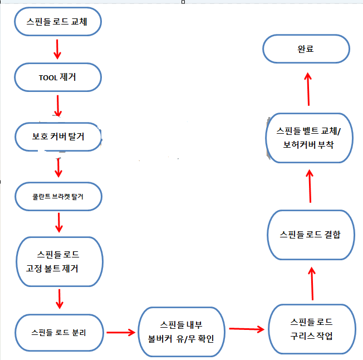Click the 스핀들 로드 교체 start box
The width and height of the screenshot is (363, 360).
(x=58, y=22)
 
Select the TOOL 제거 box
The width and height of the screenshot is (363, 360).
(x=58, y=77)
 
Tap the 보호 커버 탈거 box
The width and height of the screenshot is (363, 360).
(x=58, y=137)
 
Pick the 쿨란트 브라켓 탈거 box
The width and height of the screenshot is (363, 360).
(x=58, y=197)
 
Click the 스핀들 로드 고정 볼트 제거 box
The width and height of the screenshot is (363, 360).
(x=60, y=261)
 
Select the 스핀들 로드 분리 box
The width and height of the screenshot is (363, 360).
(x=59, y=333)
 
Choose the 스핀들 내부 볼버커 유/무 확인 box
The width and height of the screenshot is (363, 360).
(x=181, y=332)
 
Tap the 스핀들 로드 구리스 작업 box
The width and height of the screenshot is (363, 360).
(x=312, y=329)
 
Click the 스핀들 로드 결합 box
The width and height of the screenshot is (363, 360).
(x=311, y=235)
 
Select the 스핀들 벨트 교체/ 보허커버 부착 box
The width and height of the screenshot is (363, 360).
(x=310, y=138)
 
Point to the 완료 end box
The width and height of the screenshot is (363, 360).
(x=306, y=49)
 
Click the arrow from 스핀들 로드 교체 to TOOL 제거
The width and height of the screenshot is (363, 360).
(x=57, y=50)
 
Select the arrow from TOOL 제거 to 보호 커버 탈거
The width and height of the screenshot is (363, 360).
(x=58, y=106)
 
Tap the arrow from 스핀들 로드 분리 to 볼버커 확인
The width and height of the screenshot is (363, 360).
(x=121, y=333)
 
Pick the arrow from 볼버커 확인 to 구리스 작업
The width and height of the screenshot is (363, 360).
(x=247, y=329)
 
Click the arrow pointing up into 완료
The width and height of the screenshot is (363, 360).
(x=308, y=89)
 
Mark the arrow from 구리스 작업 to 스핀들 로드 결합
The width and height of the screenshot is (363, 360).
(x=312, y=284)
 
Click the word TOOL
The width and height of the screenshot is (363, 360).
(x=48, y=78)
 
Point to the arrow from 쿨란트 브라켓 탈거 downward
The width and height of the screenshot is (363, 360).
(x=59, y=222)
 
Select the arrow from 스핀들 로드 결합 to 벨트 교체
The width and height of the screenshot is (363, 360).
(x=310, y=186)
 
